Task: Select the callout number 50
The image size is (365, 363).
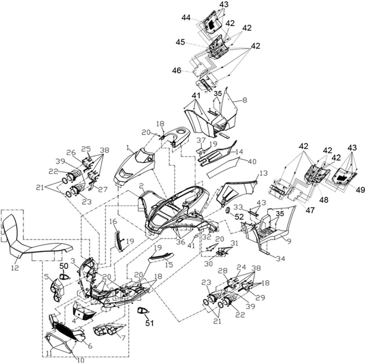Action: (x=64, y=266)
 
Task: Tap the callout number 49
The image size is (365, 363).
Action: (x=360, y=190)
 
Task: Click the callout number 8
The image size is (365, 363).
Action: (x=245, y=100)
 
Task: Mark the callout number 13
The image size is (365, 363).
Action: (x=263, y=173)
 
